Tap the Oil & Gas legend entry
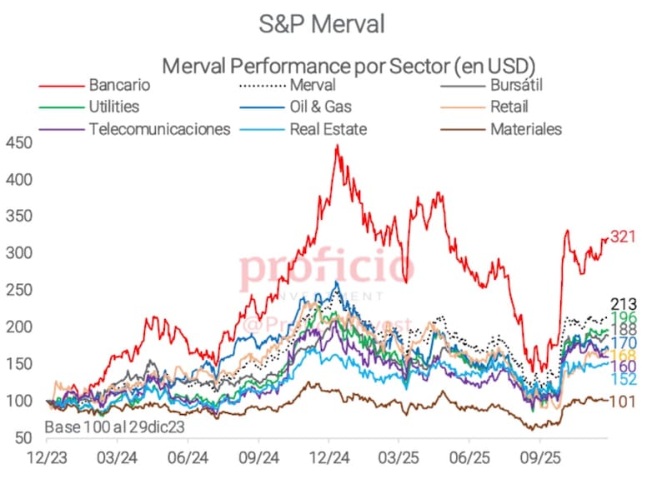(321, 107)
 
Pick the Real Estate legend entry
(328, 129)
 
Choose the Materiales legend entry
(526, 129)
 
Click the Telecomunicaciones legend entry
(159, 129)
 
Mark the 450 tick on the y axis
(20, 143)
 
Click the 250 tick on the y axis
(20, 290)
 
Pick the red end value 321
(623, 237)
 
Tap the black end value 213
(623, 304)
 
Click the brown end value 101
(623, 401)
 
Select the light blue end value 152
(623, 380)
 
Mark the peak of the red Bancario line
(337, 146)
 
